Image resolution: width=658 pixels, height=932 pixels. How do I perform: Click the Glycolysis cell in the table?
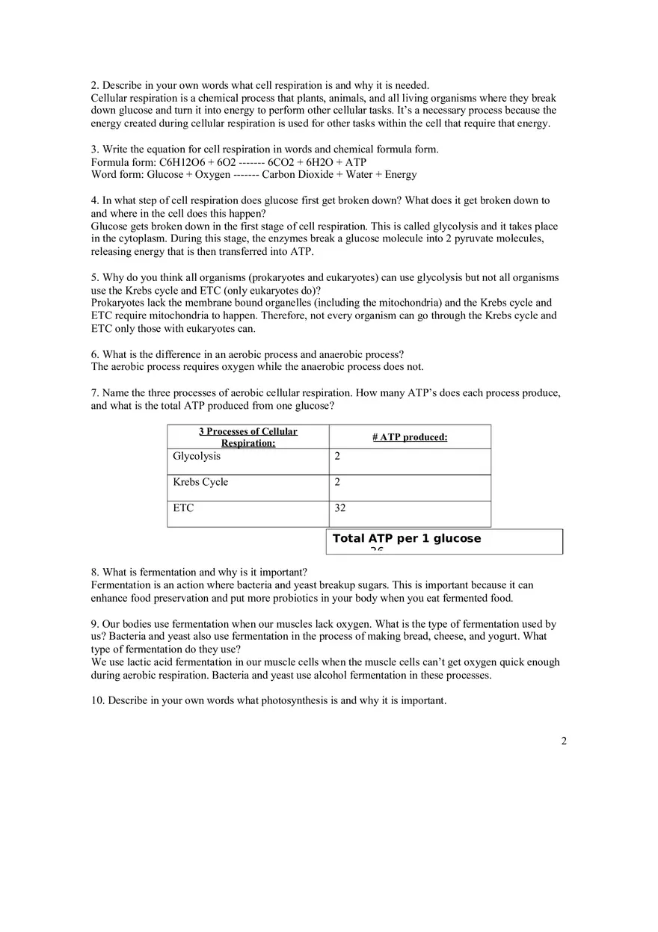point(197,457)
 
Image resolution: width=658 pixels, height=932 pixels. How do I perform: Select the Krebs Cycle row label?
point(200,482)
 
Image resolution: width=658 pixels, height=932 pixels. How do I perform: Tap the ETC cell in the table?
point(183,508)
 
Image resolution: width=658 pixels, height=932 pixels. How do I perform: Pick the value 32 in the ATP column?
point(340,508)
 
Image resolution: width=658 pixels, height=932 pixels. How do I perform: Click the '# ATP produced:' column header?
point(410,437)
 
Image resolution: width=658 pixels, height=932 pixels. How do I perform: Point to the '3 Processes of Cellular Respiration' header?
point(247,437)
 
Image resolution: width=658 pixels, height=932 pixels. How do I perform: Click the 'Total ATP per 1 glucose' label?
point(407,539)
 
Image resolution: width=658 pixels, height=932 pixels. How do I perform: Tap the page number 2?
point(564,741)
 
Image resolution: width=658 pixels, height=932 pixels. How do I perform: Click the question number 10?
point(97,701)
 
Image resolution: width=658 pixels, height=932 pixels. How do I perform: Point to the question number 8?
point(95,573)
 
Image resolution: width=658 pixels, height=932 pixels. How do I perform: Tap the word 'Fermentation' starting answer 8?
point(120,585)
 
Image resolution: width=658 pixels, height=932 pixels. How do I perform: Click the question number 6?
point(95,354)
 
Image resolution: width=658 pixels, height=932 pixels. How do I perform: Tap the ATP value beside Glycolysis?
point(337,457)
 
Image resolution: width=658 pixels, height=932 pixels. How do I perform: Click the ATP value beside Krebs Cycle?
point(337,482)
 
